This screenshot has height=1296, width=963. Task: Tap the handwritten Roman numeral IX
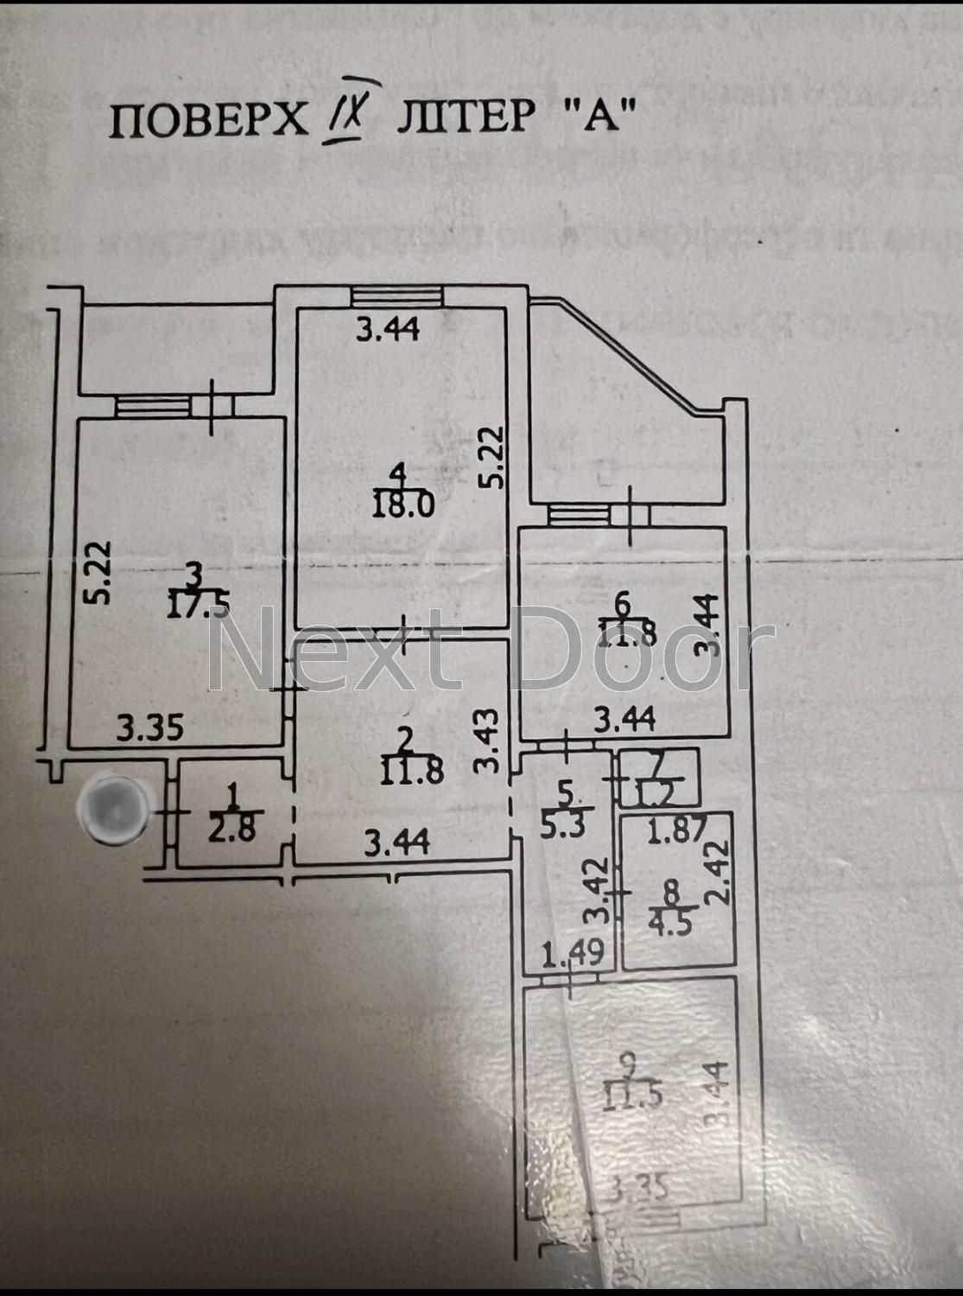coord(352,118)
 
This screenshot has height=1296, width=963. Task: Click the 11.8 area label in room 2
coord(412,769)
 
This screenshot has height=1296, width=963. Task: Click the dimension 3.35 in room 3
coord(151,728)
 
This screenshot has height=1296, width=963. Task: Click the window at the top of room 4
coord(397,295)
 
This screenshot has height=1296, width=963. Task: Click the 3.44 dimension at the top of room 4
coord(388,329)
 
